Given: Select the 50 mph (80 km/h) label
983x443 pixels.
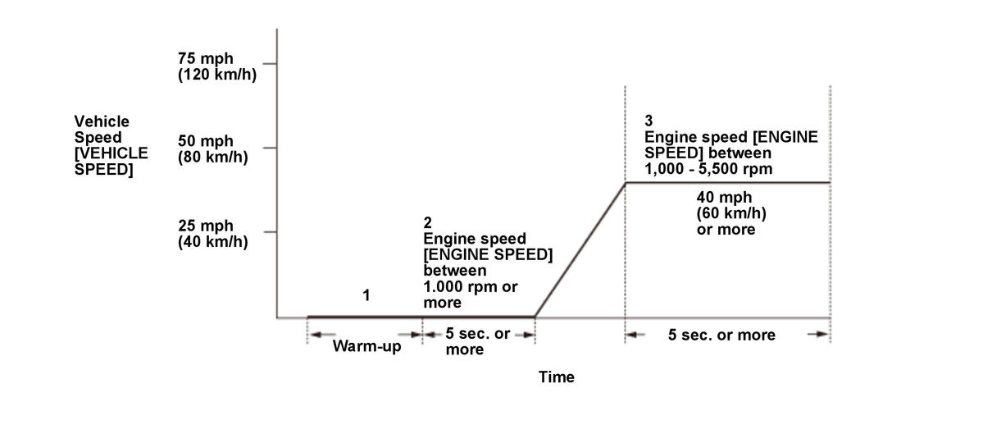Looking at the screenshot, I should pyautogui.click(x=212, y=148).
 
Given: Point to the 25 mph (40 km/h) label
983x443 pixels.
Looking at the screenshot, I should pyautogui.click(x=212, y=233).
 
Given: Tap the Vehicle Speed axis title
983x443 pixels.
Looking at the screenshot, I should pyautogui.click(x=111, y=145).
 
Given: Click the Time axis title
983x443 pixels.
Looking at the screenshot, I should pyautogui.click(x=557, y=377).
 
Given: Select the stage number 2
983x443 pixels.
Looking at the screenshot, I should pyautogui.click(x=428, y=222).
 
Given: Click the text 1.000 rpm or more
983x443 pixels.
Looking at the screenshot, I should pyautogui.click(x=470, y=294).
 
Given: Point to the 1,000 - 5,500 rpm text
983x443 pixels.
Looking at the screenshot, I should pyautogui.click(x=708, y=168).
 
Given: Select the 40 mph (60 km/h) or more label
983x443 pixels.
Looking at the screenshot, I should pyautogui.click(x=726, y=213).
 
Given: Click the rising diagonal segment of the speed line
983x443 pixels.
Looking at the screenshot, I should pyautogui.click(x=580, y=249).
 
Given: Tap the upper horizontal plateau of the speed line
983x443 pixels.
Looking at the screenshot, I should pyautogui.click(x=727, y=182).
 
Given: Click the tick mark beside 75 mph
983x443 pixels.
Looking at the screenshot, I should pyautogui.click(x=270, y=63).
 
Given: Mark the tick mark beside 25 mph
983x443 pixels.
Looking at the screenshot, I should pyautogui.click(x=270, y=232).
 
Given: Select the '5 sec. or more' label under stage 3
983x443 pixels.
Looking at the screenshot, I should pyautogui.click(x=721, y=335).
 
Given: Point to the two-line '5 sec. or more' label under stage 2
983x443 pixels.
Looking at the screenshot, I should pyautogui.click(x=477, y=341).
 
